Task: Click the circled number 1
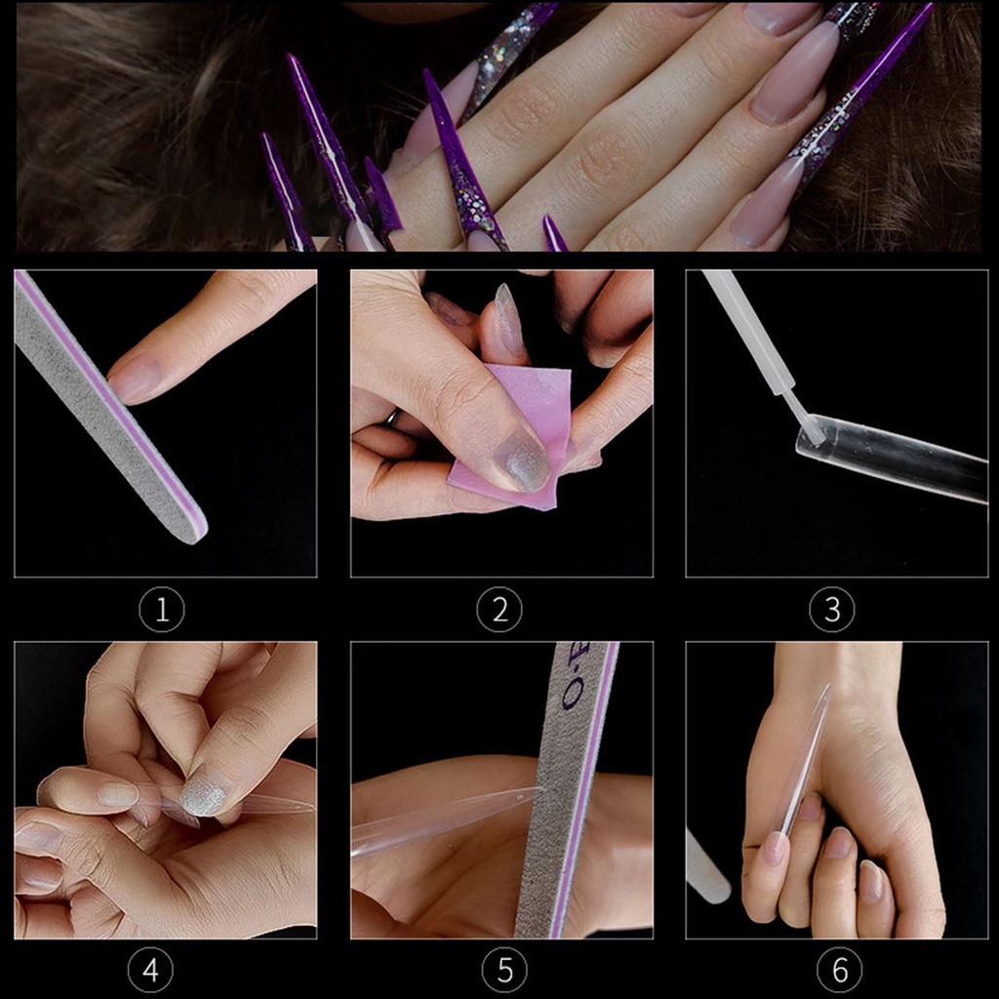162,611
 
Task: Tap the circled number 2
499,611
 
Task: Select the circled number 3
832,611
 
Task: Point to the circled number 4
150,971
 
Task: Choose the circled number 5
505,971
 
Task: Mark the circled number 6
840,971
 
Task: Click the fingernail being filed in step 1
137,379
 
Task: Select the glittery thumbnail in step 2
521,460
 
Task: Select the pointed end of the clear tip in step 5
527,790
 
